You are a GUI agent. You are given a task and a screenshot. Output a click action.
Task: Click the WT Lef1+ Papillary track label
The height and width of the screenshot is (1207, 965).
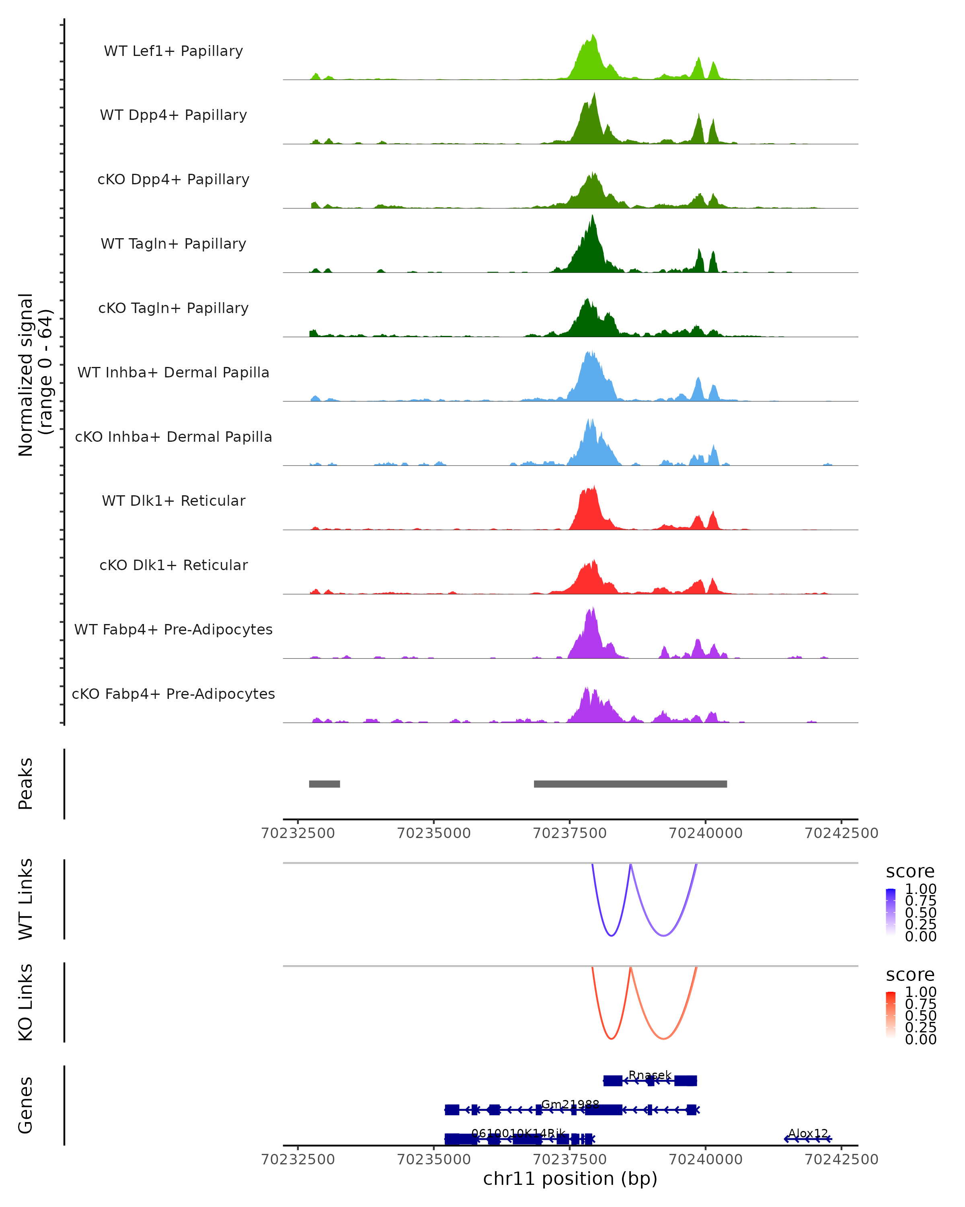click(173, 51)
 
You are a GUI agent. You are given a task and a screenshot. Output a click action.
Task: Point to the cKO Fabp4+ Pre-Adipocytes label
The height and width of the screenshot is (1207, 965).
click(173, 694)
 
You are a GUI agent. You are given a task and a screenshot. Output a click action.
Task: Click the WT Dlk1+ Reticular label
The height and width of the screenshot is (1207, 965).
click(173, 501)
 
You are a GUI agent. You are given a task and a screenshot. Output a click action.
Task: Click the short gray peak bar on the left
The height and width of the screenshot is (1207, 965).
click(324, 784)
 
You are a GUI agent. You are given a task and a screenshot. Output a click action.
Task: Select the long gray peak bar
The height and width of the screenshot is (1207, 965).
click(630, 784)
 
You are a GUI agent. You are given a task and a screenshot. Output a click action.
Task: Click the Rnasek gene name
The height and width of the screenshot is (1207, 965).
click(649, 1075)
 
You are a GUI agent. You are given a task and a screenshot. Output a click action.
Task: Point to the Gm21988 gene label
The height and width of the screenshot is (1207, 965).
click(570, 1104)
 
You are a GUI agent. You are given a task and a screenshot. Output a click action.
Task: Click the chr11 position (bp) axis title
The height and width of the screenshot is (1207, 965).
click(570, 1178)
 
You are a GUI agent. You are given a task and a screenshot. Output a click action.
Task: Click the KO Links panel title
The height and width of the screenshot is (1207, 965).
click(26, 1002)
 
